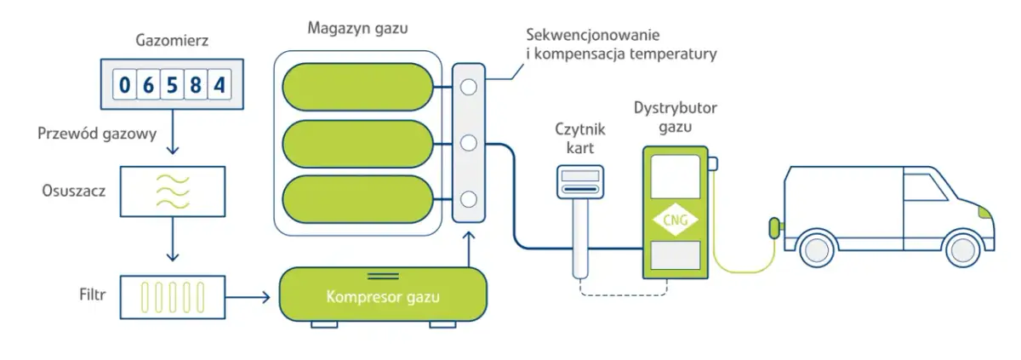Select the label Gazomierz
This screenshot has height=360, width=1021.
click(172, 40)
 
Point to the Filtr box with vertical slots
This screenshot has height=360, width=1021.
click(172, 297)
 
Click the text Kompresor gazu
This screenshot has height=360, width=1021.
click(384, 298)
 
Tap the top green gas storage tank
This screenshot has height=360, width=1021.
click(356, 86)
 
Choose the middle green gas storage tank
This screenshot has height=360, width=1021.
click(356, 142)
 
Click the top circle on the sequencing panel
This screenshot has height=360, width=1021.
click(467, 86)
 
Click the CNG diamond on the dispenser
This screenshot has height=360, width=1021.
click(675, 220)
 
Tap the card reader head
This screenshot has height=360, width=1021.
click(579, 182)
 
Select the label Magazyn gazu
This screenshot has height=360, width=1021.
click(357, 28)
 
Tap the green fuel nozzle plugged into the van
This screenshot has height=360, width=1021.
click(773, 227)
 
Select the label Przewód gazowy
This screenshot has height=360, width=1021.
click(97, 134)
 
